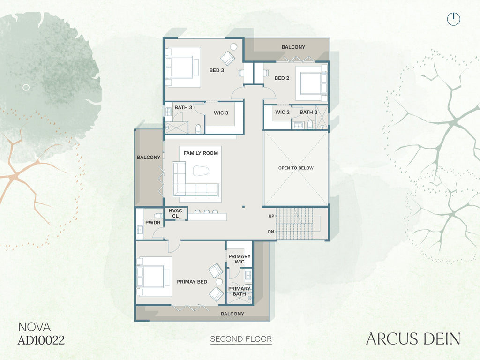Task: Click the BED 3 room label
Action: click(x=217, y=70)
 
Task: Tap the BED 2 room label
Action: click(x=282, y=78)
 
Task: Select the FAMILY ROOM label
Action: click(x=201, y=153)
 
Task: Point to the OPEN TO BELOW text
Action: click(x=296, y=168)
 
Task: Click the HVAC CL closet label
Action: click(x=175, y=213)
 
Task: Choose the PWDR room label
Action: click(x=153, y=223)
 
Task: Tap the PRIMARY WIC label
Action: click(x=240, y=259)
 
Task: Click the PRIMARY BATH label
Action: click(x=239, y=291)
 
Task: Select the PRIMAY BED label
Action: click(x=192, y=282)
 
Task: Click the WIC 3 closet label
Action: click(x=221, y=113)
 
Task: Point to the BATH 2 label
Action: click(x=308, y=112)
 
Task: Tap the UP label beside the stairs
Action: click(x=271, y=216)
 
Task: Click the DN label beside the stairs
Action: click(x=271, y=232)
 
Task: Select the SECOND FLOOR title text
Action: click(x=241, y=339)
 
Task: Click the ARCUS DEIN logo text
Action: click(x=413, y=339)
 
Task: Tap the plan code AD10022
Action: click(x=41, y=340)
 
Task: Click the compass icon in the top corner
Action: click(x=454, y=19)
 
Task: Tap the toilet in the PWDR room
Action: click(x=158, y=215)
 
